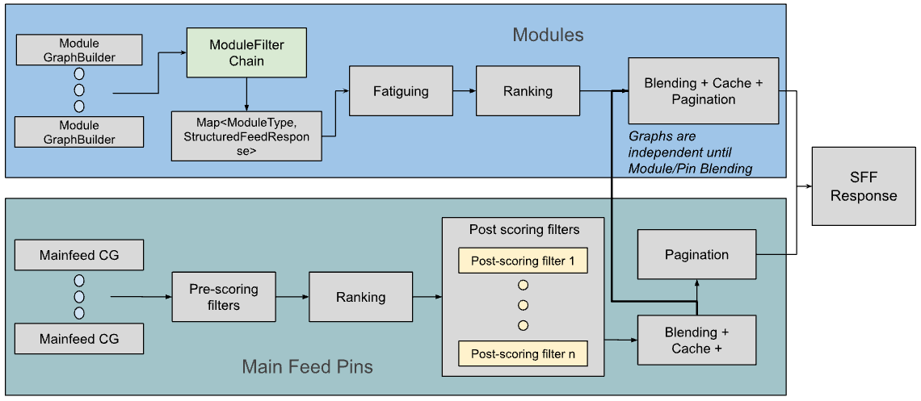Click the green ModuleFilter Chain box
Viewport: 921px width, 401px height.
pos(246,53)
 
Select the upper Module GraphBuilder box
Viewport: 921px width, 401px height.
pos(79,50)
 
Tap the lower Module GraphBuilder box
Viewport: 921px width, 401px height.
pos(79,132)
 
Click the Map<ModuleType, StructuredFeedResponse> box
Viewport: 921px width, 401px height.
pos(246,136)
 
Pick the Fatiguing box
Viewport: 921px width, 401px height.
pos(401,91)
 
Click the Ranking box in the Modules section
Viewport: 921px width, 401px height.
pos(528,91)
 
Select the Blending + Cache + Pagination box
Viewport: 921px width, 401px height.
pos(703,91)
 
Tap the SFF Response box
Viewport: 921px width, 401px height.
pos(864,187)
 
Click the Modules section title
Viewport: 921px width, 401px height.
pos(548,35)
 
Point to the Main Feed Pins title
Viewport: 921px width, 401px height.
pos(307,367)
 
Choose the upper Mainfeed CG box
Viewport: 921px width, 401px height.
pos(79,256)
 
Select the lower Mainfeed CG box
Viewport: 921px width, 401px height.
pos(79,339)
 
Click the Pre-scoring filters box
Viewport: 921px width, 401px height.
pos(224,297)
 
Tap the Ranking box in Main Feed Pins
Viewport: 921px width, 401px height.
pos(360,297)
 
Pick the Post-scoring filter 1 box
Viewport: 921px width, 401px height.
pos(523,261)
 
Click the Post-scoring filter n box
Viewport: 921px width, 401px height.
pos(523,353)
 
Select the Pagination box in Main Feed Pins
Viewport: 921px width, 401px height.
pos(696,255)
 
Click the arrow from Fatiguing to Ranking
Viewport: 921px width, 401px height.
pos(464,91)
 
